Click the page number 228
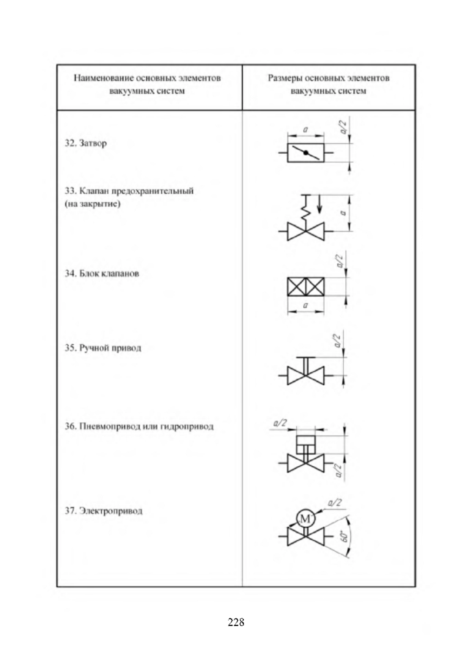point(236,622)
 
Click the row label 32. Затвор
point(86,143)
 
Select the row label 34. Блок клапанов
point(102,274)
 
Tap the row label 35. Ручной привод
point(103,348)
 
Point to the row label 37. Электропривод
point(104,511)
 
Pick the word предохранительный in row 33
point(153,191)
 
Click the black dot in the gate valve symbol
point(306,153)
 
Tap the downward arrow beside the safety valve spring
point(319,204)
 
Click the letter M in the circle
point(305,519)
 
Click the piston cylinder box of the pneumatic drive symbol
point(306,444)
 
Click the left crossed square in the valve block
point(297,287)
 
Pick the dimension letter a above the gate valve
point(306,130)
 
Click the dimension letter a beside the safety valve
point(343,213)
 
